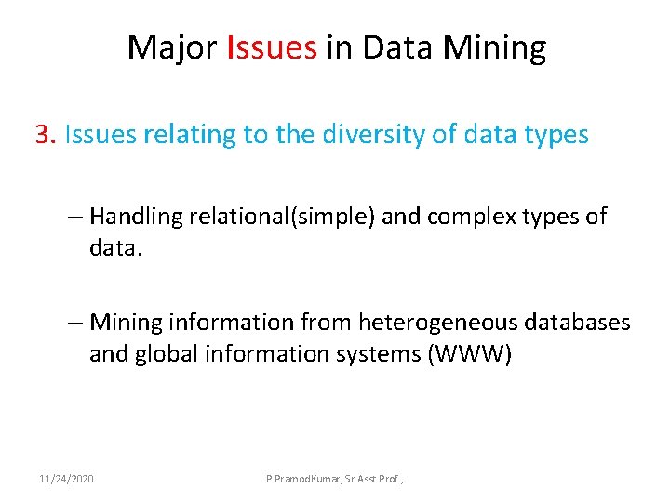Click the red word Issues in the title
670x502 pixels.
[x=272, y=47]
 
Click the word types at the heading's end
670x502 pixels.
[x=556, y=136]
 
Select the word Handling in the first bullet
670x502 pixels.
[x=136, y=218]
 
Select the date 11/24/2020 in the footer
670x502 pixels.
[x=66, y=478]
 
